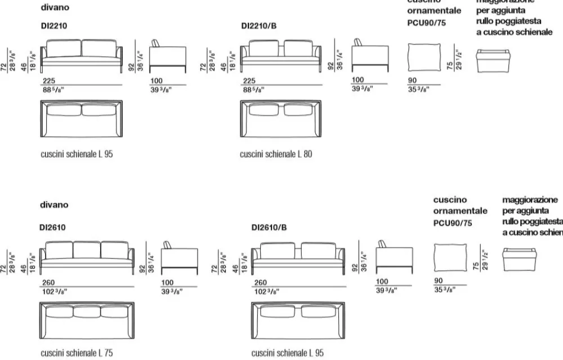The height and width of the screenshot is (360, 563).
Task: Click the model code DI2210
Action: [x=56, y=26]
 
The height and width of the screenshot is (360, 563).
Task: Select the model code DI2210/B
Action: [x=259, y=26]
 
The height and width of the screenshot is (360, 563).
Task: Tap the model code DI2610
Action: [x=53, y=228]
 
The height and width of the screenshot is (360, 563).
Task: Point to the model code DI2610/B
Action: [x=269, y=228]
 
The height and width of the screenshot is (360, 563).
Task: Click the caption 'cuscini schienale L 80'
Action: [x=275, y=153]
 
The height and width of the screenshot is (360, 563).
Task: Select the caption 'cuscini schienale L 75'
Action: [x=77, y=353]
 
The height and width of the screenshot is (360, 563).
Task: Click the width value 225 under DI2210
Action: [x=48, y=80]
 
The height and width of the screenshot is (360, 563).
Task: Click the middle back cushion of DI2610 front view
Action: [x=86, y=250]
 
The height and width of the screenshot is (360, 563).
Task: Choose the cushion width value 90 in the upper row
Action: [x=412, y=80]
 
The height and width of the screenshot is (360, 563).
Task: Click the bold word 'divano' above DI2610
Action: [x=54, y=205]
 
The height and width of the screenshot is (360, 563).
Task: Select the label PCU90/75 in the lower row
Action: [x=453, y=223]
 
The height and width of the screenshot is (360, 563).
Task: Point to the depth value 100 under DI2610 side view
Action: [x=167, y=282]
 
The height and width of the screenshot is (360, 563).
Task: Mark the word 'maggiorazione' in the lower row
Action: [x=530, y=200]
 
